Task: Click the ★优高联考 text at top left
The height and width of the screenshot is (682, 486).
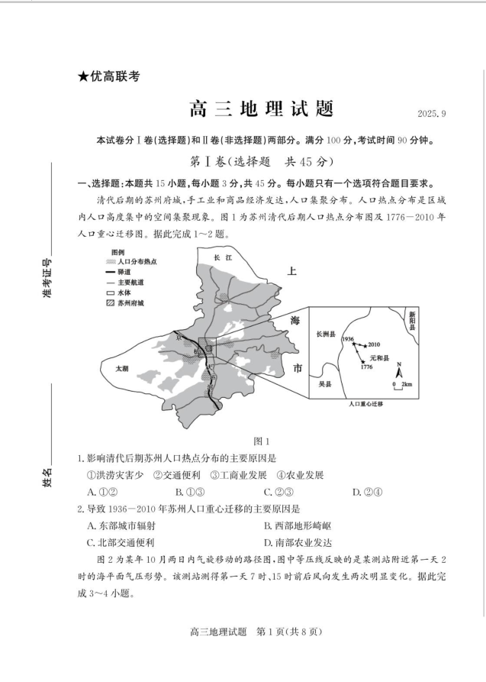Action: [x=108, y=76]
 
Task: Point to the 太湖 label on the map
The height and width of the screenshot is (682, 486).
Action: [x=121, y=367]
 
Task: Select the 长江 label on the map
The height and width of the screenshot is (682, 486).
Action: [x=222, y=257]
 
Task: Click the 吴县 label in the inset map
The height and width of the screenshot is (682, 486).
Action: [x=323, y=386]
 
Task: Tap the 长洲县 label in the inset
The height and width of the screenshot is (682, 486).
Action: [x=326, y=334]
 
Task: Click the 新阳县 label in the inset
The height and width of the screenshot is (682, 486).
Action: [x=412, y=318]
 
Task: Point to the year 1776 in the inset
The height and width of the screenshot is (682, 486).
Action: [x=367, y=368]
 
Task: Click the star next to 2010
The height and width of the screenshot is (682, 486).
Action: [x=365, y=345]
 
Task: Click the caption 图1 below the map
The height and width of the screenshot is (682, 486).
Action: [x=261, y=441]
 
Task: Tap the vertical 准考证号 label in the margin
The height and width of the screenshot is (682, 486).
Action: [x=46, y=280]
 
